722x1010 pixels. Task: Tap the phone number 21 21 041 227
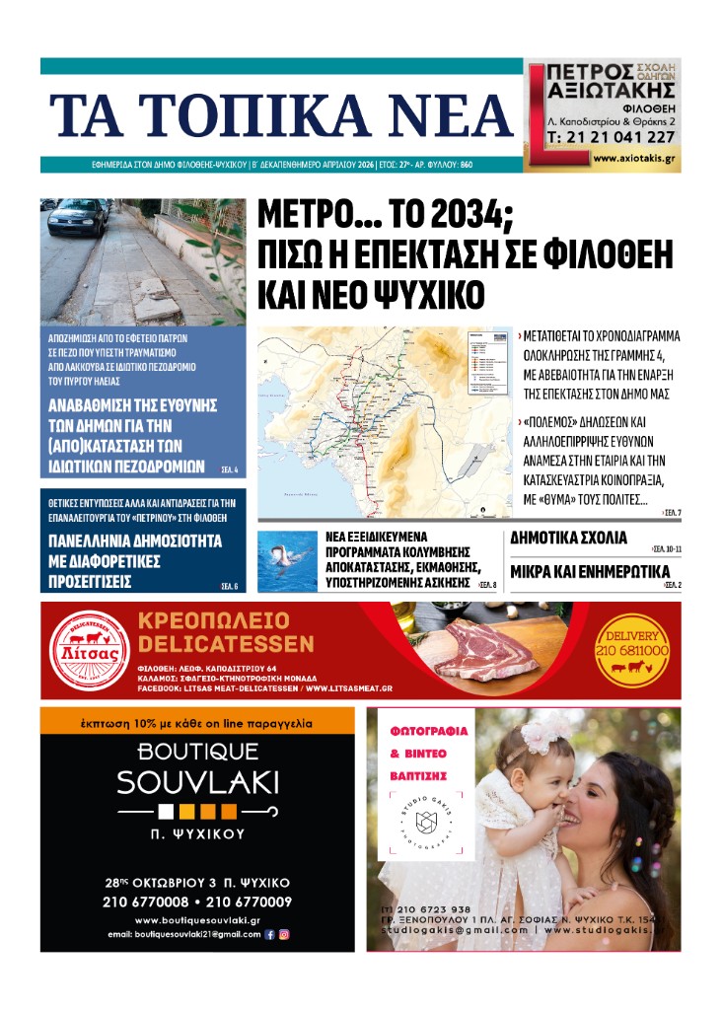(x=611, y=137)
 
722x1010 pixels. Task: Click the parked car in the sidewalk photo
(x=78, y=217)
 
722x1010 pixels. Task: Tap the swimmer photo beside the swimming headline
(x=286, y=561)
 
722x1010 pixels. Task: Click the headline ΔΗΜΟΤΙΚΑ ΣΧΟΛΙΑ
(x=568, y=539)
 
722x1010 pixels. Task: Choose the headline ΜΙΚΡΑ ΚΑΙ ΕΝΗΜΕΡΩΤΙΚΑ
(x=590, y=572)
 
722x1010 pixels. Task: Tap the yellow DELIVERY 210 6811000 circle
(x=631, y=651)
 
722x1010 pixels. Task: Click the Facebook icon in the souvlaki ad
(x=270, y=934)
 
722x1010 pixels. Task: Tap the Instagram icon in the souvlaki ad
(x=284, y=934)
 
